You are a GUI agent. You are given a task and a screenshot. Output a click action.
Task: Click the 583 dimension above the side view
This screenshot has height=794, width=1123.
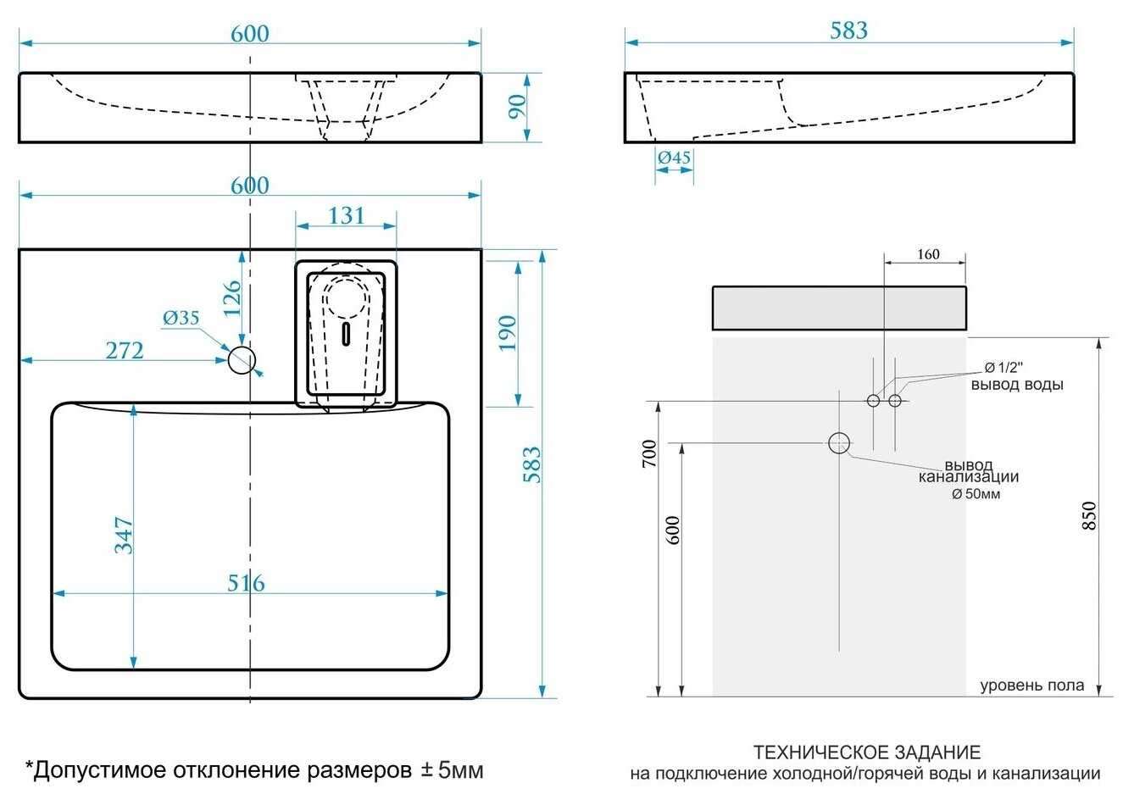coord(848,31)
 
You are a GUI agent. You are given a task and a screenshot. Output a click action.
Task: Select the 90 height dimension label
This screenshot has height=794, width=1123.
coord(517,106)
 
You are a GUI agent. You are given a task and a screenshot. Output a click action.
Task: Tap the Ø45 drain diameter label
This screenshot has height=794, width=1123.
coord(674,158)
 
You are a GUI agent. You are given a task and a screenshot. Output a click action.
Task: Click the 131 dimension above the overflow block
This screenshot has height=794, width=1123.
coord(347,216)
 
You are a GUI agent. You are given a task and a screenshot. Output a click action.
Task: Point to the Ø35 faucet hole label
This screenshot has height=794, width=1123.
coord(181,318)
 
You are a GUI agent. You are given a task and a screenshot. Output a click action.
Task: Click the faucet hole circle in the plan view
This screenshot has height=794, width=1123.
coord(242,360)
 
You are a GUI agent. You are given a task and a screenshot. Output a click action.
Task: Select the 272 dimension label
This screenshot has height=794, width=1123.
coord(125,349)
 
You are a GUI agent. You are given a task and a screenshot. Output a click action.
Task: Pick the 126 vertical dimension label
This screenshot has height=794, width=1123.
coord(232,298)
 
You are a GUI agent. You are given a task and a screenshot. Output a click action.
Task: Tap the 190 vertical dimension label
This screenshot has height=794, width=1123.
coord(507,333)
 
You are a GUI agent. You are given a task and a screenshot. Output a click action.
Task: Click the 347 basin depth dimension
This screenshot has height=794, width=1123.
coord(124,536)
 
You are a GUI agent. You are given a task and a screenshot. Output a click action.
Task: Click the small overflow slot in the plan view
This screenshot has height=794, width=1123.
coord(345,335)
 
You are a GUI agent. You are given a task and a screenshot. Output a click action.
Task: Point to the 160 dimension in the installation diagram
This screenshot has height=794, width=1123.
coord(928,253)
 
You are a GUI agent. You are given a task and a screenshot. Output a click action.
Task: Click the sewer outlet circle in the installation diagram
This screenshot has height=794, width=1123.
coord(839,442)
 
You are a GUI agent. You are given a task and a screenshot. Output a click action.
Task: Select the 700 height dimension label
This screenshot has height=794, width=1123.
coord(649,455)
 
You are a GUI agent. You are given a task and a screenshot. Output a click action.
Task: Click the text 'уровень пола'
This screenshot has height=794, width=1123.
coord(1031,686)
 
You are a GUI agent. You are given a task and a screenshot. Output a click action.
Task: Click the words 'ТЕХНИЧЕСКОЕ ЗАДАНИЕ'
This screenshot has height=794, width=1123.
coord(866,752)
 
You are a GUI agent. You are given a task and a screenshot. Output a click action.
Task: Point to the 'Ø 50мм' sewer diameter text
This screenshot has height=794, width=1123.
coord(976,494)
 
